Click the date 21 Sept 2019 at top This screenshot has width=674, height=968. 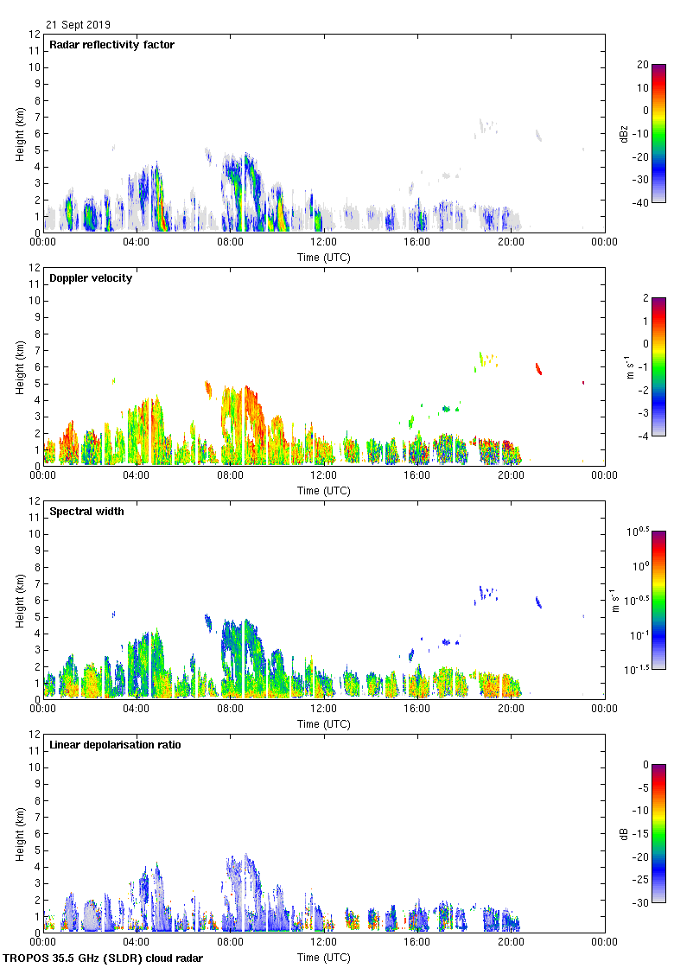point(78,25)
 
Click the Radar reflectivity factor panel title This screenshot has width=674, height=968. point(111,45)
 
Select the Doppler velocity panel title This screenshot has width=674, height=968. point(91,278)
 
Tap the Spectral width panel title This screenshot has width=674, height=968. point(88,512)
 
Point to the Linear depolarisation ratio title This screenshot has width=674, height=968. point(115,745)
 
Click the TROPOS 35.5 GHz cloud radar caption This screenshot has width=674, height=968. point(103,958)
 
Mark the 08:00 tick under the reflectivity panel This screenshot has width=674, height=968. point(230,243)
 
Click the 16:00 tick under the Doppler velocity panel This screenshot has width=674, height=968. point(416,476)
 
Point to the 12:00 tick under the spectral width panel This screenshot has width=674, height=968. point(323,710)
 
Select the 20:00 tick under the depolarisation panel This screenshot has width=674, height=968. point(510,943)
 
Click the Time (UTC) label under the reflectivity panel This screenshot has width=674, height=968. point(323,257)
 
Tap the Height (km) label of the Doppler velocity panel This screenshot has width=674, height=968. point(20,367)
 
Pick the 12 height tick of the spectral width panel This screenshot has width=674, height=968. point(35,501)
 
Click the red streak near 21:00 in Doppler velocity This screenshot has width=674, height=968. point(538,369)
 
